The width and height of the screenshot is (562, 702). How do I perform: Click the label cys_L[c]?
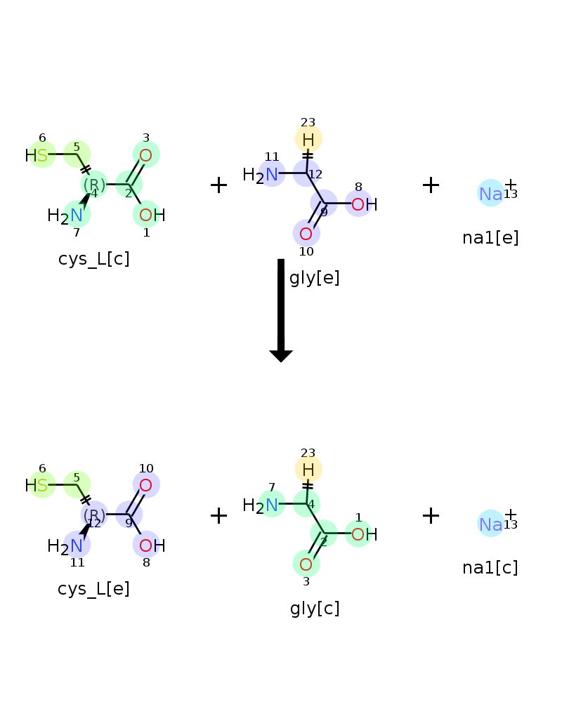[x=93, y=259]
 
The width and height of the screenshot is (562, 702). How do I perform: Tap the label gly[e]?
[x=315, y=278]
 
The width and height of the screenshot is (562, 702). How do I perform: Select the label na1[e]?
[x=490, y=238]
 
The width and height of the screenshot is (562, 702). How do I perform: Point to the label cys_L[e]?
[x=93, y=589]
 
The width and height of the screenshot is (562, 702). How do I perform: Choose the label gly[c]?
[x=315, y=609]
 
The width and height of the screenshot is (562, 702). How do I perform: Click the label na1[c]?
[x=490, y=568]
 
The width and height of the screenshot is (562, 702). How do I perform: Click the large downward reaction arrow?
[x=281, y=310]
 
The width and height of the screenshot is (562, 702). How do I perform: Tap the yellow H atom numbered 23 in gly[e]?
[x=308, y=140]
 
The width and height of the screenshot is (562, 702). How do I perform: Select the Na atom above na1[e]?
[x=491, y=194]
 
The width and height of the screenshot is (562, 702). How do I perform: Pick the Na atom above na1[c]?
[x=491, y=524]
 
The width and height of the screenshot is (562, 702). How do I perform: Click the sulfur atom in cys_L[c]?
[x=42, y=155]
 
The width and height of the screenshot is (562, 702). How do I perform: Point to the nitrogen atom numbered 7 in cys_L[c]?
[x=77, y=216]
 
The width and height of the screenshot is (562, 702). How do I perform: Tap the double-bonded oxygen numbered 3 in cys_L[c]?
[x=145, y=155]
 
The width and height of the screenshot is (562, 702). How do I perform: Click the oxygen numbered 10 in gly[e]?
[x=306, y=234]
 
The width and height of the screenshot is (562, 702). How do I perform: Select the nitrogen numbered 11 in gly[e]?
[x=272, y=175]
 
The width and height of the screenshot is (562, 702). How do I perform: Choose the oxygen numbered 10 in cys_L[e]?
[x=145, y=485]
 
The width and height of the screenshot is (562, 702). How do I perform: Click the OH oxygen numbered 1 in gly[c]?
[x=358, y=534]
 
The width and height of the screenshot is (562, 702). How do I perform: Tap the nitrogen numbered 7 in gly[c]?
[x=272, y=505]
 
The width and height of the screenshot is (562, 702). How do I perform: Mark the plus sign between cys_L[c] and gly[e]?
[x=218, y=185]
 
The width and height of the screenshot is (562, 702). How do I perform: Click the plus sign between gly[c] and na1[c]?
[x=431, y=515]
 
